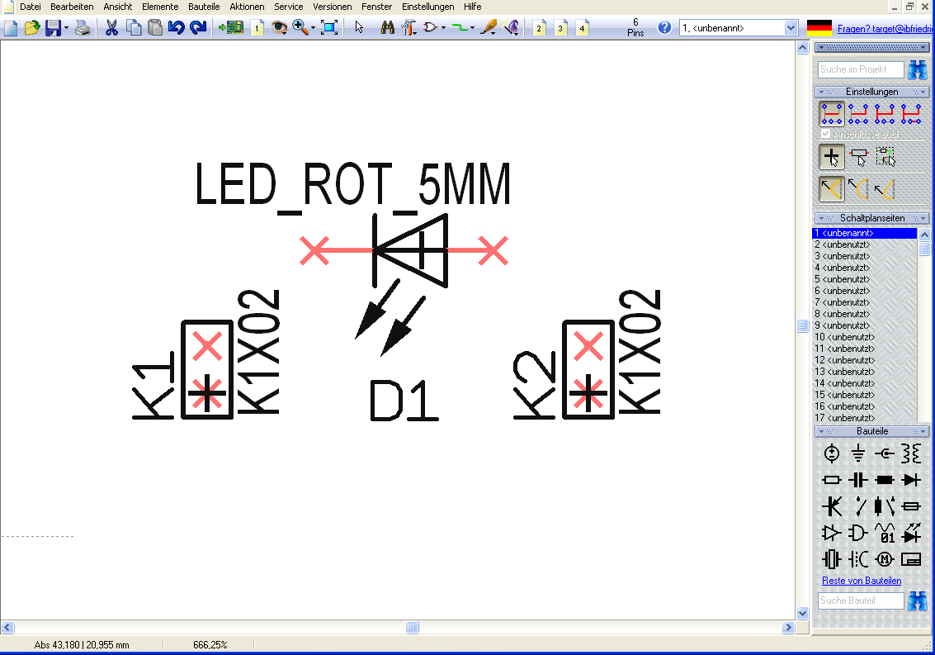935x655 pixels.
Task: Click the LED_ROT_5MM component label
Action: click(x=353, y=185)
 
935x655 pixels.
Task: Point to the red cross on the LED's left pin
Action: click(x=314, y=250)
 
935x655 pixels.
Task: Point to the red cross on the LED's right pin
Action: click(x=493, y=250)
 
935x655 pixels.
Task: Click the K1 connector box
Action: click(x=206, y=369)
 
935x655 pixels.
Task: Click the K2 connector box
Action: click(x=588, y=369)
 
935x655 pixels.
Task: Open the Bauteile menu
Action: click(x=203, y=6)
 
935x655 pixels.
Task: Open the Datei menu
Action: click(x=31, y=6)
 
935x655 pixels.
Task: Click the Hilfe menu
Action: click(x=472, y=6)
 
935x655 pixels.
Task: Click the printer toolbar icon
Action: click(x=83, y=28)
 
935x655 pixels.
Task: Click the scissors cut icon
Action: click(x=111, y=28)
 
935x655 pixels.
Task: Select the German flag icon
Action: click(x=819, y=28)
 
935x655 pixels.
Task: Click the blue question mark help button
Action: click(x=664, y=28)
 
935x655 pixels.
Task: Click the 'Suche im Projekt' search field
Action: click(x=860, y=70)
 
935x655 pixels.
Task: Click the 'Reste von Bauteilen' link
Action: click(x=862, y=581)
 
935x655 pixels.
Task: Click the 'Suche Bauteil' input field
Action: click(x=860, y=600)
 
